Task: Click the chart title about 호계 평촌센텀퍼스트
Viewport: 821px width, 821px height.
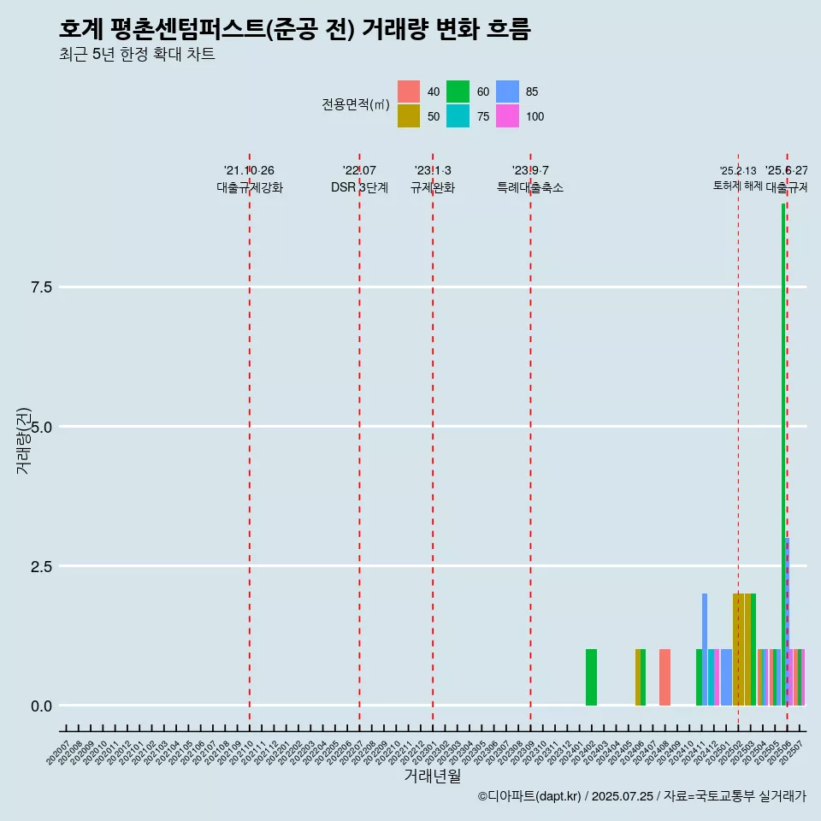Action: (295, 29)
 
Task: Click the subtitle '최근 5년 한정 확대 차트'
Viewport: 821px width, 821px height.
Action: (137, 55)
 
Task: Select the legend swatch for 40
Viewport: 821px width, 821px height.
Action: (409, 92)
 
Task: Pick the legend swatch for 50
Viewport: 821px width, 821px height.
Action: (409, 116)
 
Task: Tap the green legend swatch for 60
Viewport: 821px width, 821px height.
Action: (458, 92)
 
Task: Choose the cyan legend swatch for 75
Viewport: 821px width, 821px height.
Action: (458, 116)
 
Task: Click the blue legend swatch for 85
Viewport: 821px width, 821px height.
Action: (508, 92)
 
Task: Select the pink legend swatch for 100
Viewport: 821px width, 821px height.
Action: (508, 116)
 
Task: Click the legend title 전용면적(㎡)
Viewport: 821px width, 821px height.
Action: (356, 104)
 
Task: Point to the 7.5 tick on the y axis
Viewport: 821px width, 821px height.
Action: (42, 287)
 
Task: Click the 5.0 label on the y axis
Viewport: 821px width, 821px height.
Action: (42, 427)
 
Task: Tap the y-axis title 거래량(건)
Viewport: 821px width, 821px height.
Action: (24, 440)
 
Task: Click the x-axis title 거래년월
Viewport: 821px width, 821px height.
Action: (432, 776)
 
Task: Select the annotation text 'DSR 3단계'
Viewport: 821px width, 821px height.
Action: (359, 188)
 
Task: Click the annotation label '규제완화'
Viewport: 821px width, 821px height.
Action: (433, 188)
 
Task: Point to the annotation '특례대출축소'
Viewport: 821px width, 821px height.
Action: (530, 188)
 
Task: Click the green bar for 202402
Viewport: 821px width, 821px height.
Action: (591, 677)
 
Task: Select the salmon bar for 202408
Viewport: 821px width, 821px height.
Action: (664, 677)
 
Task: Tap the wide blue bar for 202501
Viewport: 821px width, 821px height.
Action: (726, 677)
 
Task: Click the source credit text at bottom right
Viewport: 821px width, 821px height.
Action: (641, 796)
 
